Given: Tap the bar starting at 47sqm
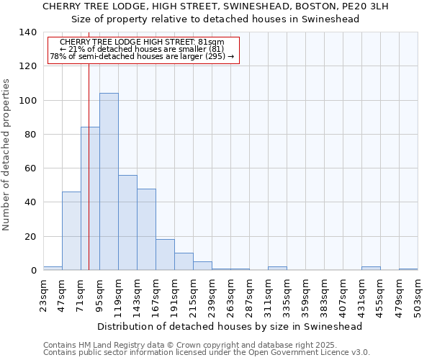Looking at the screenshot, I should [71, 230].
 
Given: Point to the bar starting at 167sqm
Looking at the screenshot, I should [165, 255].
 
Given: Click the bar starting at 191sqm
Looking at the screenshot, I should [184, 261].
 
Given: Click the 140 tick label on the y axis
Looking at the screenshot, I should [27, 32].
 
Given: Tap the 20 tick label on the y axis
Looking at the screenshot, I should [30, 237].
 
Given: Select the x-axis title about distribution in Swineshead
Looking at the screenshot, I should [230, 326].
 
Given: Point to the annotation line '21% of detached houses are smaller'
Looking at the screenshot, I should [142, 49].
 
